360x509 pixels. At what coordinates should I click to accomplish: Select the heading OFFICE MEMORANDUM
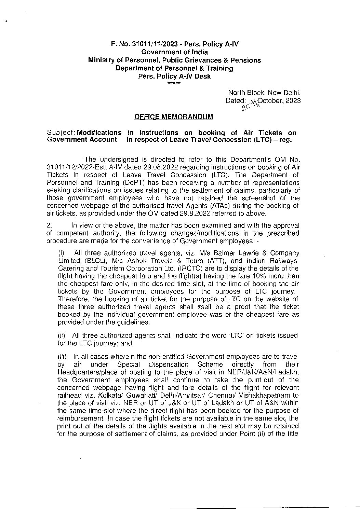click(x=174, y=117)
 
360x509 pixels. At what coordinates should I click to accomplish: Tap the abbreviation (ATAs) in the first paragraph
click(x=202, y=206)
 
